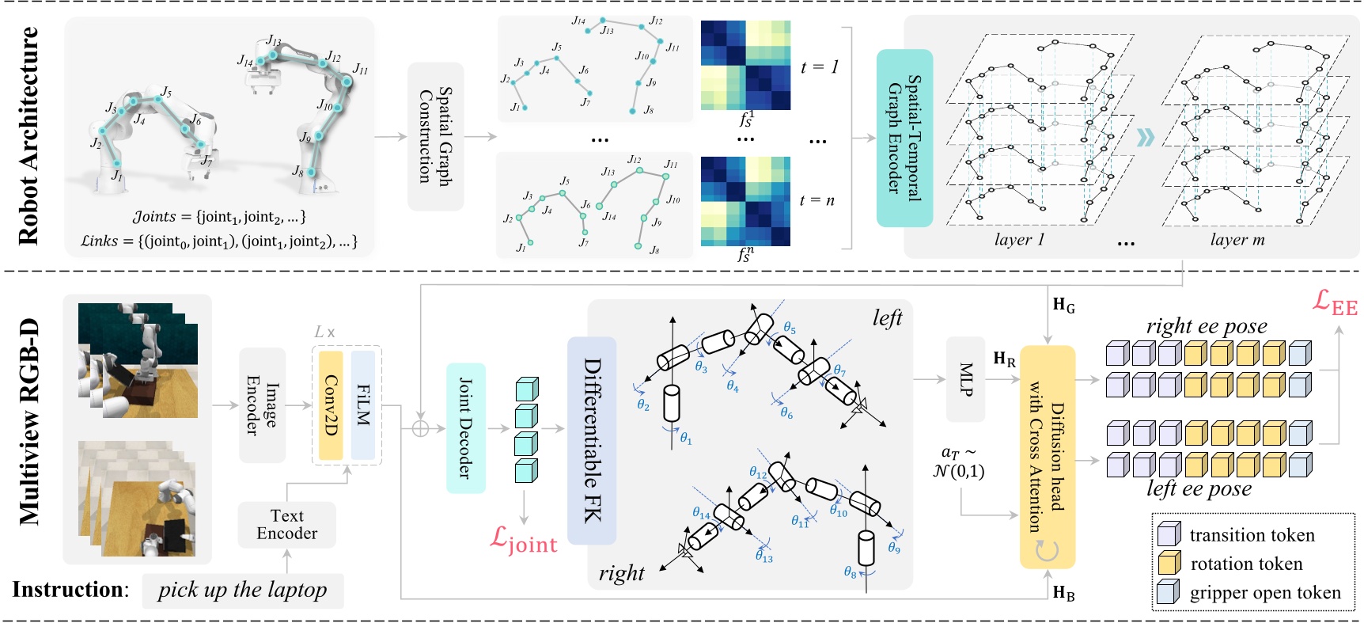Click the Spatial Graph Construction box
(435, 136)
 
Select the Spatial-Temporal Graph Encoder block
(904, 138)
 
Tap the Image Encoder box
(262, 405)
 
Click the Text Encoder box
(286, 525)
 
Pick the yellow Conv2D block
(330, 405)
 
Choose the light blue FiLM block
(363, 405)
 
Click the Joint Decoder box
(465, 428)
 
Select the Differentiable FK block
(592, 440)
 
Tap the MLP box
(965, 379)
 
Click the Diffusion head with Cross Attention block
(1047, 457)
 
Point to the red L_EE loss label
(1335, 302)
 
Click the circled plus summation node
(420, 428)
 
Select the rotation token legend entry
(1245, 564)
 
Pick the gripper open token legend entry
(1264, 593)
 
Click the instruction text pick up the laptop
(242, 590)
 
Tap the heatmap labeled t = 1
(745, 65)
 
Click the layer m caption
(1237, 240)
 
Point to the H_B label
(1063, 593)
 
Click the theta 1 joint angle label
(686, 438)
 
